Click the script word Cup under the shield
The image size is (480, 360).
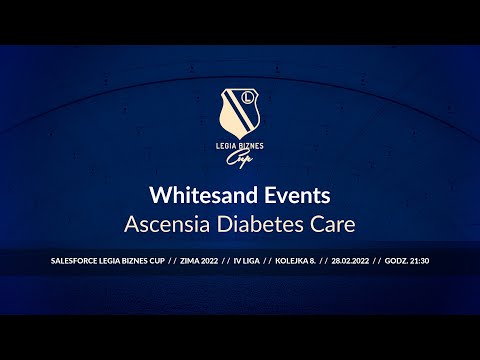(x=240, y=158)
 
